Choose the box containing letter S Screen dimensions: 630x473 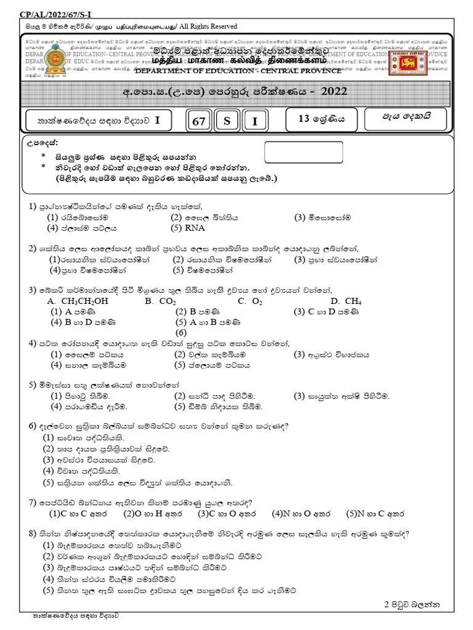point(227,122)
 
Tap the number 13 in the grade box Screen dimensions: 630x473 point(304,119)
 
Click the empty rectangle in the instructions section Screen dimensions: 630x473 point(303,152)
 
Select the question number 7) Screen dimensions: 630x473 point(33,503)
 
